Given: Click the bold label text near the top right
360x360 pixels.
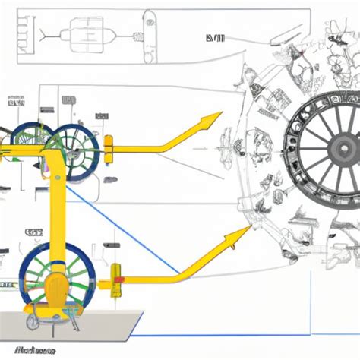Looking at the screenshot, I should click(x=215, y=36).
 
